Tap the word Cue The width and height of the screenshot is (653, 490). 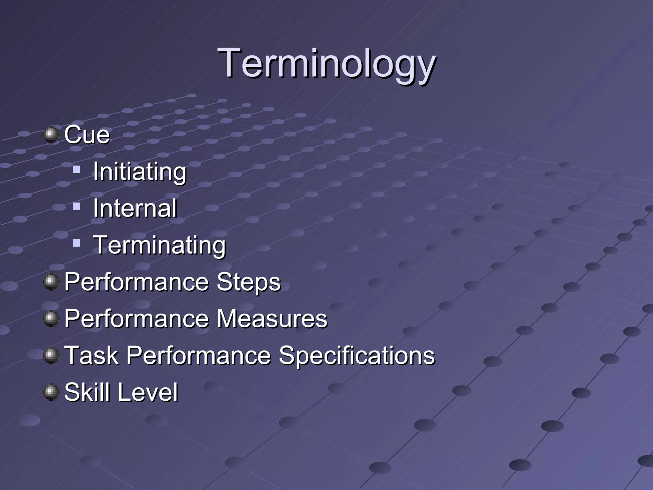click(x=87, y=135)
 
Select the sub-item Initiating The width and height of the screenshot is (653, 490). click(x=139, y=172)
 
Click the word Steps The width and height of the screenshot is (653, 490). click(x=248, y=282)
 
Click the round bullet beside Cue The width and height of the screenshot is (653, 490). click(x=51, y=135)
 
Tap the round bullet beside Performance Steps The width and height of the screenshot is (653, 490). click(x=51, y=282)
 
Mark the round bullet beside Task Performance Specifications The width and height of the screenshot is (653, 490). click(x=51, y=356)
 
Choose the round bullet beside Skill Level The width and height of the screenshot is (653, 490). click(x=51, y=392)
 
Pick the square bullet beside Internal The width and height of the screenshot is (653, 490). click(x=77, y=207)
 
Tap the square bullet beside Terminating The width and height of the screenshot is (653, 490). click(x=77, y=243)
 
